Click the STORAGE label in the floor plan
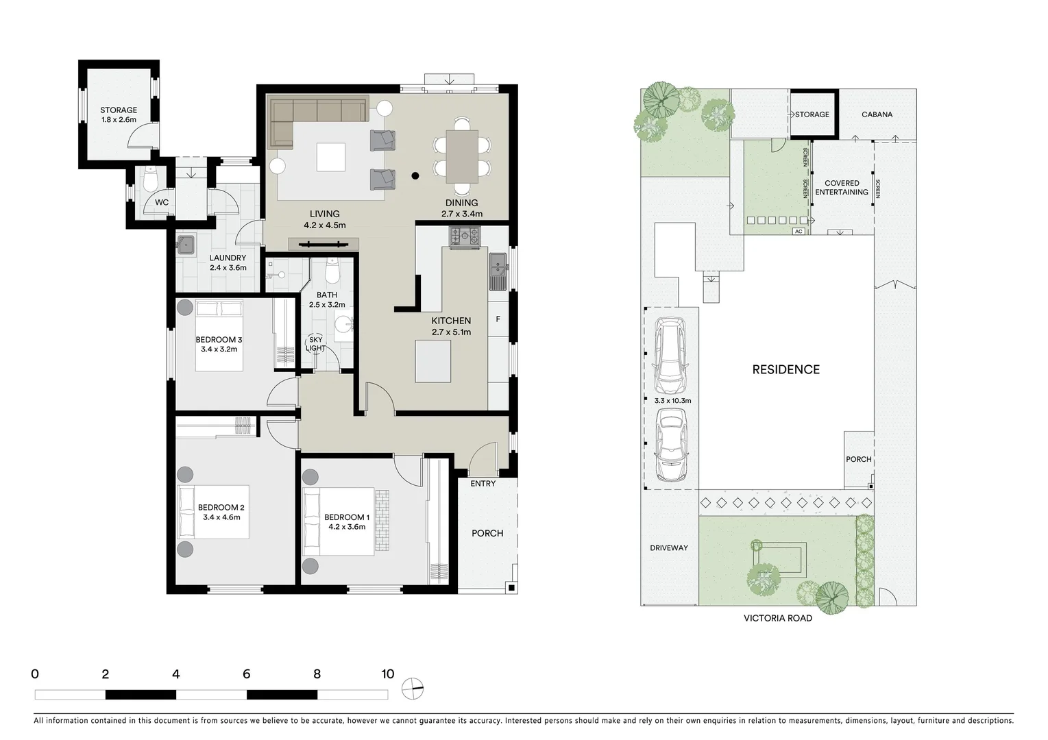[119, 110]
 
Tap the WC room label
[161, 202]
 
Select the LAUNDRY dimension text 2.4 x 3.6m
[228, 268]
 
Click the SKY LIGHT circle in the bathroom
[315, 344]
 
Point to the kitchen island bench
[432, 361]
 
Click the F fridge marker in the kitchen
[498, 319]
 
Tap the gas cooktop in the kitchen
[465, 237]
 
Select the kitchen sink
[498, 272]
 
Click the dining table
[462, 156]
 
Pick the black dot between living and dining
[415, 175]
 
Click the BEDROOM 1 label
[347, 517]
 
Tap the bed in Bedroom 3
[219, 336]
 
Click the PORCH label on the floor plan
[487, 533]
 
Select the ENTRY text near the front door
[483, 484]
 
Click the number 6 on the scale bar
[246, 674]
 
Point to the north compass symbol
[413, 688]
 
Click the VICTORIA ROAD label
[777, 618]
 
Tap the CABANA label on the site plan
[877, 114]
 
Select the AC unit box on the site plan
[798, 232]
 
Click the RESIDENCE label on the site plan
[785, 369]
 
